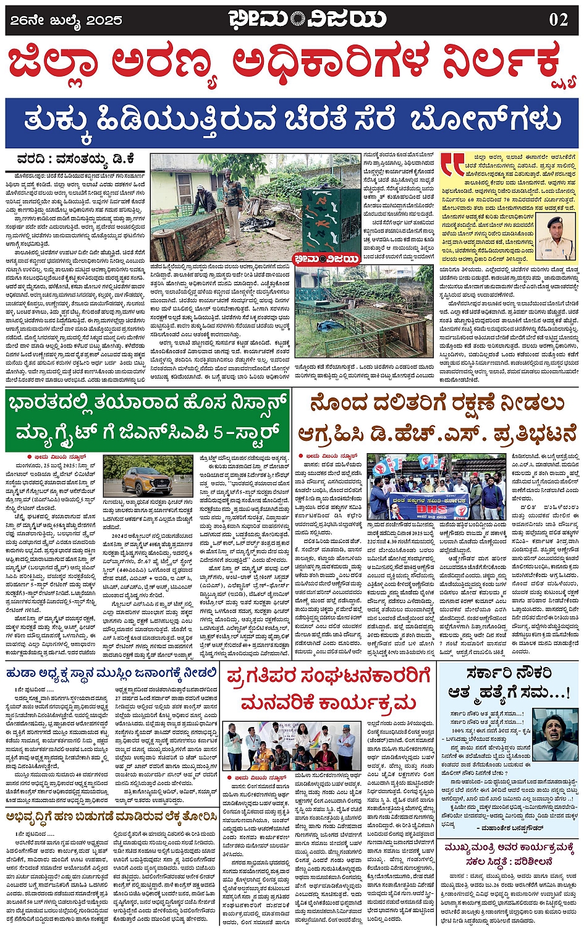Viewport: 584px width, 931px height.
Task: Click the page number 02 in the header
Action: [558, 19]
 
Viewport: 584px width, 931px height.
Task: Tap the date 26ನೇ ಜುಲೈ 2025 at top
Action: [66, 20]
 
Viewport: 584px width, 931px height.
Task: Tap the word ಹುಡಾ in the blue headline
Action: [22, 673]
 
